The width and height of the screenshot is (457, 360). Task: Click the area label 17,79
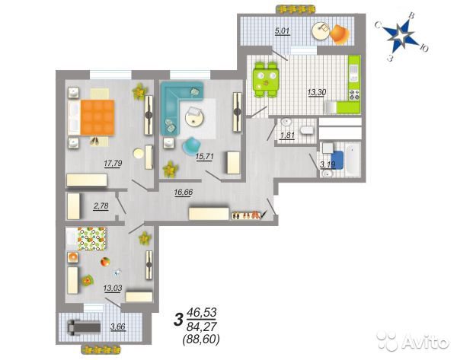(x=113, y=164)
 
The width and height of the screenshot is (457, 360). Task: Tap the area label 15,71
(x=205, y=157)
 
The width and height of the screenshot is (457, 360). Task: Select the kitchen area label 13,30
(x=317, y=92)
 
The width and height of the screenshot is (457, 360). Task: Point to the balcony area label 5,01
(x=283, y=30)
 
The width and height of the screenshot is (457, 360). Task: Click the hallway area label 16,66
(x=184, y=193)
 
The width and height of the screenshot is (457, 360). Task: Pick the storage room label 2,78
(x=101, y=206)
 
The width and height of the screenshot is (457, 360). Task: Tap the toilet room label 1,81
(x=287, y=135)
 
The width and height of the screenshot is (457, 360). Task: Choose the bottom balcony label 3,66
(x=118, y=327)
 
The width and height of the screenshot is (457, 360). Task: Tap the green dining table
(x=266, y=79)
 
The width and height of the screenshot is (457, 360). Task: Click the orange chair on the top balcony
(x=339, y=34)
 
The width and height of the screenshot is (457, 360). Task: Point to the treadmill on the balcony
(x=84, y=327)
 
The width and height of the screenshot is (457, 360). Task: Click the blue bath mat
(x=337, y=159)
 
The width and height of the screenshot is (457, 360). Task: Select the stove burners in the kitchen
(x=354, y=95)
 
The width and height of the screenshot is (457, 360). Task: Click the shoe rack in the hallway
(x=246, y=215)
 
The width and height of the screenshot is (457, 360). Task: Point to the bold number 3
(x=177, y=320)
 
